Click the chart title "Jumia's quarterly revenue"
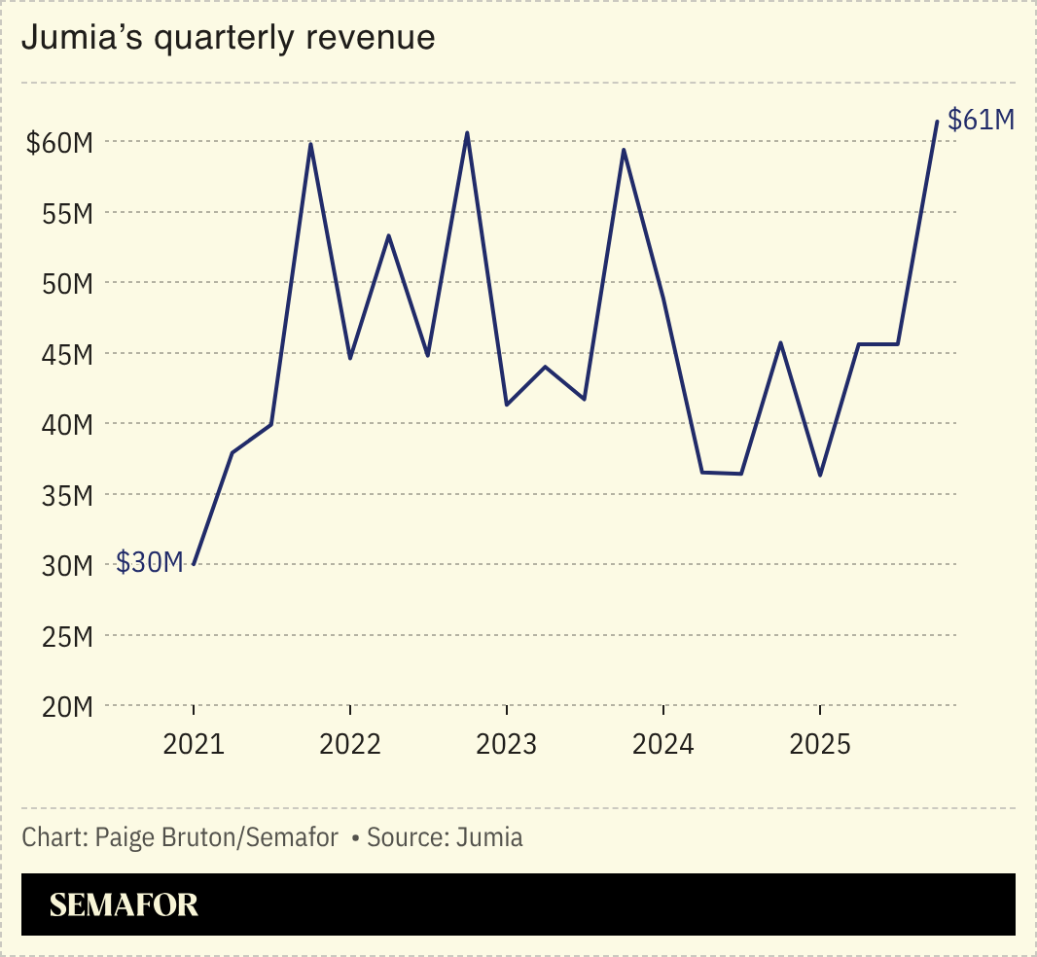(228, 37)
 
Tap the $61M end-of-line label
(981, 120)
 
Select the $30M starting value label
(150, 562)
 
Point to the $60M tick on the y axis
(59, 143)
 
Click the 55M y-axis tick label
(65, 213)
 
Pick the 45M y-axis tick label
(65, 354)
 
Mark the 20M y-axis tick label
(65, 707)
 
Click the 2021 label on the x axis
(194, 745)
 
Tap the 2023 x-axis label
(506, 745)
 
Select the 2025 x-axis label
(819, 745)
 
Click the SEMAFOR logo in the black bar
(124, 904)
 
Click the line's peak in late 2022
(467, 133)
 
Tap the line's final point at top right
(937, 122)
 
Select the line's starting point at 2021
(194, 564)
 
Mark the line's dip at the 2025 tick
(820, 476)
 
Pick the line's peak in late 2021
(310, 144)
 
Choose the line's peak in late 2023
(623, 149)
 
